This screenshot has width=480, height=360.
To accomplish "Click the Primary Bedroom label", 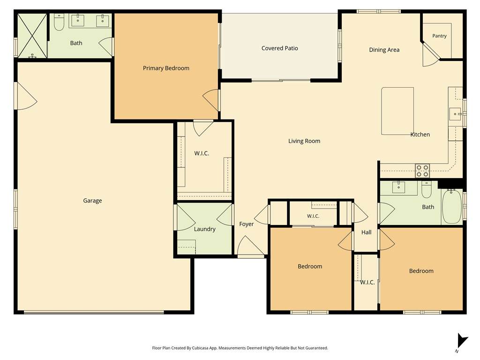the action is pyautogui.click(x=166, y=68).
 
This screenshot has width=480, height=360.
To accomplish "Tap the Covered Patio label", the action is pyautogui.click(x=279, y=48).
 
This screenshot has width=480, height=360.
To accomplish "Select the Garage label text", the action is pyautogui.click(x=92, y=201).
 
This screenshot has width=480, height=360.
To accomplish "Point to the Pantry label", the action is pyautogui.click(x=439, y=36).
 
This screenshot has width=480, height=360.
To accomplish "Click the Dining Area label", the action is pyautogui.click(x=384, y=50).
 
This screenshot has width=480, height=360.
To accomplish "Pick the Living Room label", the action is pyautogui.click(x=304, y=141).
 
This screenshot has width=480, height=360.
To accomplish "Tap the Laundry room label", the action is pyautogui.click(x=204, y=229).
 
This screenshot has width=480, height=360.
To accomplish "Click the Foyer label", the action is pyautogui.click(x=247, y=224).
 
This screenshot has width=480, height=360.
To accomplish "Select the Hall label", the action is pyautogui.click(x=366, y=232).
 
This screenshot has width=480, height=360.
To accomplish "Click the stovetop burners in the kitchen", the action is pyautogui.click(x=422, y=171).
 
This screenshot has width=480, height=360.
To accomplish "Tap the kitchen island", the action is pyautogui.click(x=397, y=111).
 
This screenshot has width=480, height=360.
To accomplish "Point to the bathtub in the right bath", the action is pyautogui.click(x=452, y=207).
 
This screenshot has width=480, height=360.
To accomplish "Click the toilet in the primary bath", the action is pyautogui.click(x=59, y=22).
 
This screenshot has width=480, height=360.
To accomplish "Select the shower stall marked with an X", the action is pyautogui.click(x=32, y=36).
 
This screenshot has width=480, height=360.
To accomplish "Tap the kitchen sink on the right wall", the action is pyautogui.click(x=456, y=114).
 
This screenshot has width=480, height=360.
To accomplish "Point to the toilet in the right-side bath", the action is pyautogui.click(x=427, y=189).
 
